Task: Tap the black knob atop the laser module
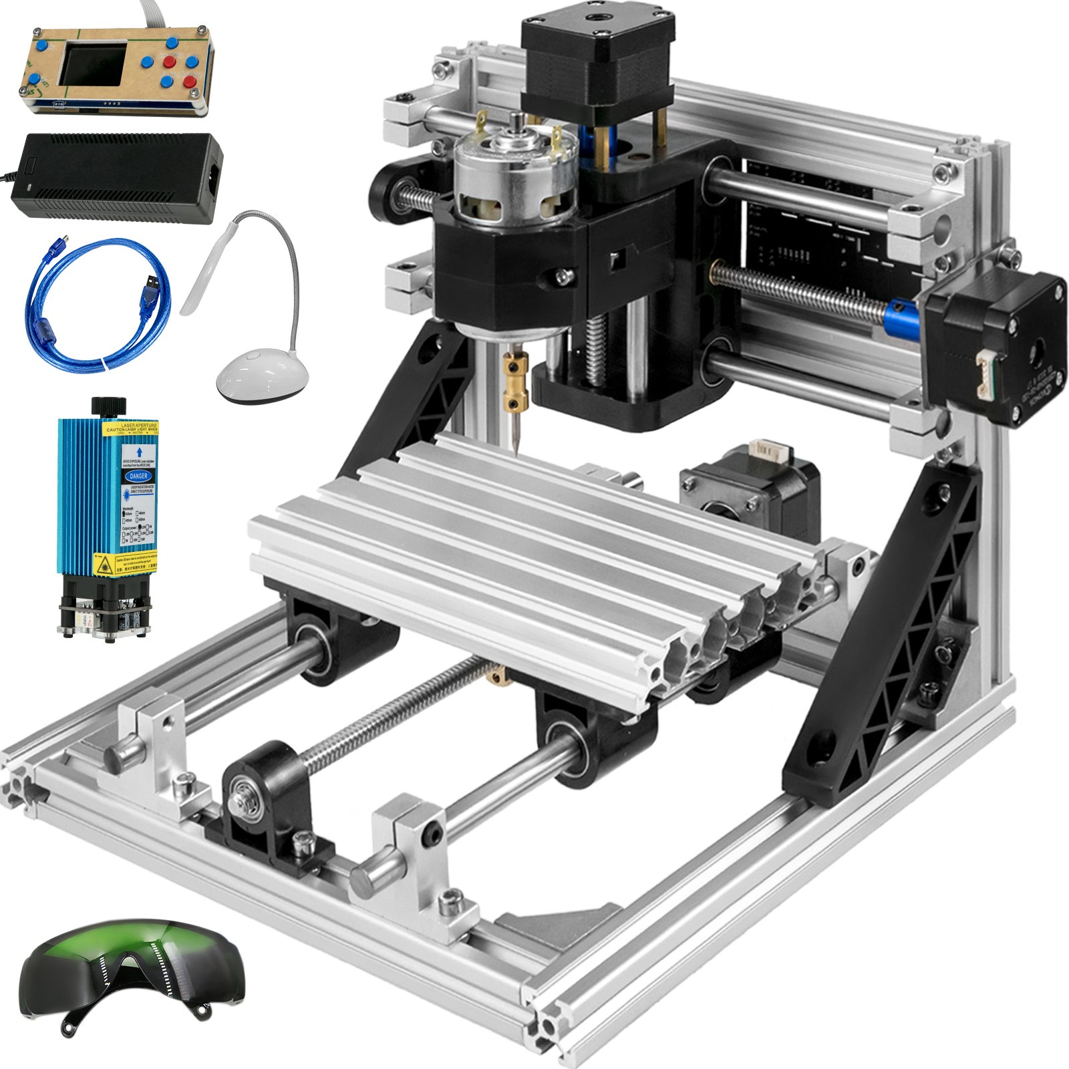point(109,406)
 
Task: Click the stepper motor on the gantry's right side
point(996,347)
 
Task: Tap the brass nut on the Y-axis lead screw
point(497,677)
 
